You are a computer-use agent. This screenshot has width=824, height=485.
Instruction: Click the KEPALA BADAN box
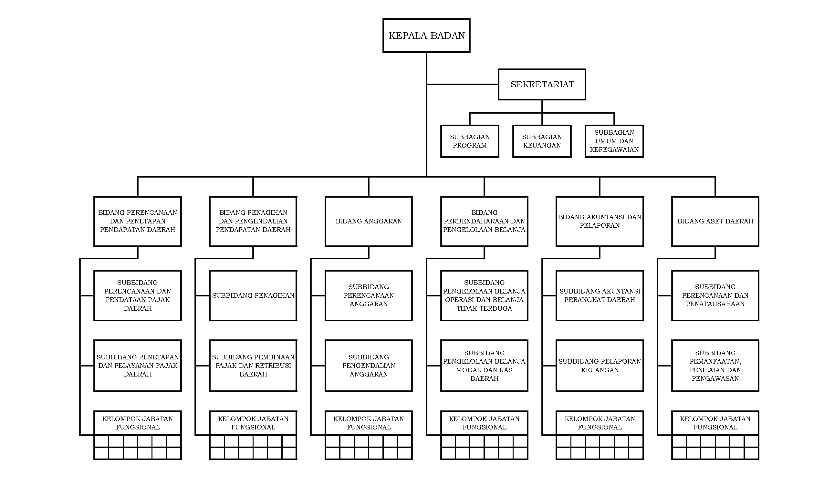tap(426, 35)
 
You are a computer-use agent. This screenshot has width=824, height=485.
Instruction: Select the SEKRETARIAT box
tap(542, 84)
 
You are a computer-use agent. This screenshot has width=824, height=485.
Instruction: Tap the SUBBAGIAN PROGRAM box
tap(470, 141)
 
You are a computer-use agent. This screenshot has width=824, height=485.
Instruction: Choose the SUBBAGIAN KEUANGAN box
tap(542, 141)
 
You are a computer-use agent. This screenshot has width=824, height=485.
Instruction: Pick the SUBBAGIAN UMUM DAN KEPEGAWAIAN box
tap(614, 141)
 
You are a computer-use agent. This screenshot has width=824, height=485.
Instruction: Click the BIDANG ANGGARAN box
tap(369, 221)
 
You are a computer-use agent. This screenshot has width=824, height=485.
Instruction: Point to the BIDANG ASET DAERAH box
tap(715, 221)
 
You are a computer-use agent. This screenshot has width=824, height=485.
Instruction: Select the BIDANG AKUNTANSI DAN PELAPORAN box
tap(600, 221)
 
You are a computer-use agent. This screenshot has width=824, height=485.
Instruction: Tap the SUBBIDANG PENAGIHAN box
tap(253, 295)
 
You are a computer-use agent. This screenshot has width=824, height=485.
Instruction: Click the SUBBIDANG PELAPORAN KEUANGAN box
tap(600, 366)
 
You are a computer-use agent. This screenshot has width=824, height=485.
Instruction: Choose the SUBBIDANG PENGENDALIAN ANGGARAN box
tap(369, 366)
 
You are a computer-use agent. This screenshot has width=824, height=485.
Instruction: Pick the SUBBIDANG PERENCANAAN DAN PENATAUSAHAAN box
tap(715, 295)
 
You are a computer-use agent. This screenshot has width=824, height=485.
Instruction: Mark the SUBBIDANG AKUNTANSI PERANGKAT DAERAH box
tap(600, 295)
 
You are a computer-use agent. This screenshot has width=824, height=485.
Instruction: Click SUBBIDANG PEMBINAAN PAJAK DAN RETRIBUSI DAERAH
tap(253, 366)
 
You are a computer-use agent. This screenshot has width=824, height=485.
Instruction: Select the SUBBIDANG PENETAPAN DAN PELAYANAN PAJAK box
tap(138, 366)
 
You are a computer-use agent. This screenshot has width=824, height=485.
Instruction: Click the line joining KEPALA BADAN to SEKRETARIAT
tap(462, 84)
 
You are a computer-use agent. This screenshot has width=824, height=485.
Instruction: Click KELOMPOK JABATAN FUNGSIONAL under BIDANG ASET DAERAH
tap(715, 423)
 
